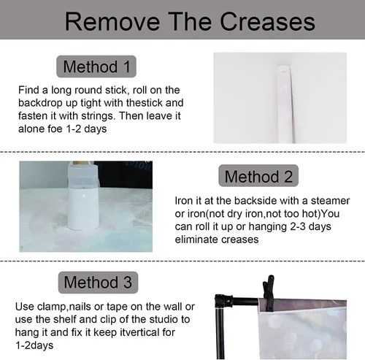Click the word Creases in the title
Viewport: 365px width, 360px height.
(267, 22)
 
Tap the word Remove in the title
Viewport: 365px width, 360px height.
(112, 22)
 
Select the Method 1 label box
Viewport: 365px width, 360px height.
(96, 66)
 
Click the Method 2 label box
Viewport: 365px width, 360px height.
(258, 176)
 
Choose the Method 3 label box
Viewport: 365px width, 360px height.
(98, 283)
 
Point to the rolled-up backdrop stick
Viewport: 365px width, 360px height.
(285, 104)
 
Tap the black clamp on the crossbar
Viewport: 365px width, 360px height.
(269, 294)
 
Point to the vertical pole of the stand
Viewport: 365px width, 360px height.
(221, 334)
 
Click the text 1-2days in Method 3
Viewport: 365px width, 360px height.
(34, 345)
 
